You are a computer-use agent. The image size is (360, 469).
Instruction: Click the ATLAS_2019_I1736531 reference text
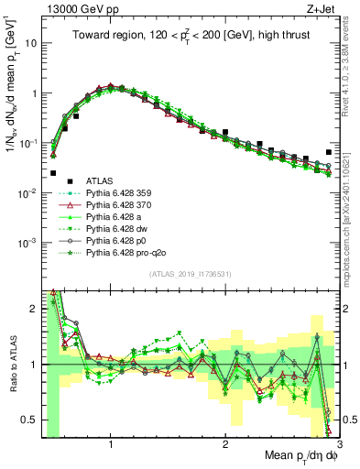[x=190, y=274]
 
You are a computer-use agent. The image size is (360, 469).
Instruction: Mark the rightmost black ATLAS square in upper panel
[x=329, y=152]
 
